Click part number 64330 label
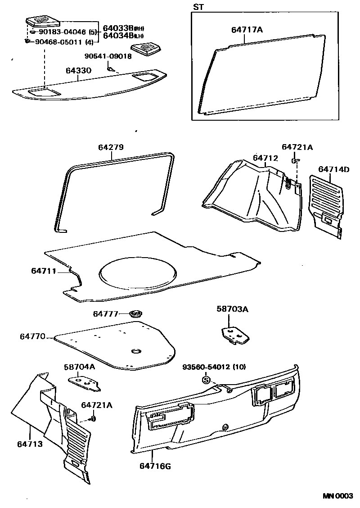[79, 71]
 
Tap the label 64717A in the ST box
[247, 30]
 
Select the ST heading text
[198, 7]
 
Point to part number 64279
[111, 147]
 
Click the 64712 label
[265, 158]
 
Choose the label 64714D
[333, 169]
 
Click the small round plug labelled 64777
[135, 313]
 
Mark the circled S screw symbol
[207, 380]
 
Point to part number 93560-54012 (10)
[214, 367]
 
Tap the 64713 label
[30, 444]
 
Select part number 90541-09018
[108, 56]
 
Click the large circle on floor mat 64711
[137, 272]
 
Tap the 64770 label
[32, 336]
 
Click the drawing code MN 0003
[337, 496]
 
